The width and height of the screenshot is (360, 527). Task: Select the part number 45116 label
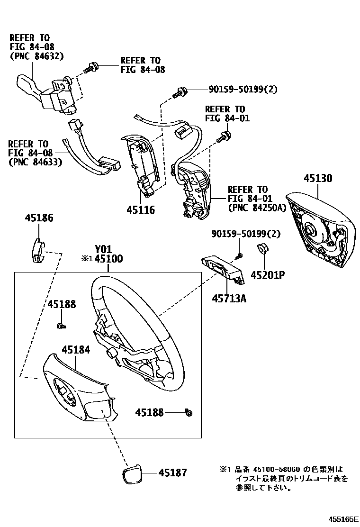tap(141, 209)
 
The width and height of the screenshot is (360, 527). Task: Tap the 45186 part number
tap(39, 218)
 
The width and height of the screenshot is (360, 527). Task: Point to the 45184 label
tap(76, 350)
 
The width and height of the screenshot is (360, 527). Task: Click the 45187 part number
tap(172, 472)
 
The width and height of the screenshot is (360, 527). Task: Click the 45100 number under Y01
tap(108, 259)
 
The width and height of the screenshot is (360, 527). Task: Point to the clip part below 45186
tap(38, 250)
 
